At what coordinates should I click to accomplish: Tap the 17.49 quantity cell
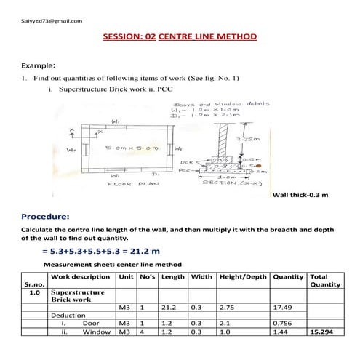click(281, 308)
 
